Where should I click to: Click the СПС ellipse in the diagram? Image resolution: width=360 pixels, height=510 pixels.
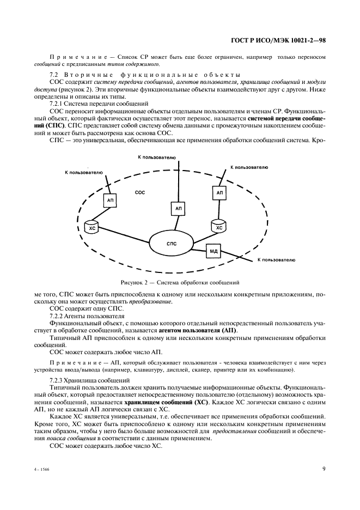172,243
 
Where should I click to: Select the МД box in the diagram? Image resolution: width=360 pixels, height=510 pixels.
213,251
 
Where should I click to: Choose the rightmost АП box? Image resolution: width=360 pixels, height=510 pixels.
220,192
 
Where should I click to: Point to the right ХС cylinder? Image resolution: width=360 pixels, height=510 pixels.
219,225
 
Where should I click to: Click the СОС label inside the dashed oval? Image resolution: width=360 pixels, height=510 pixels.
140,193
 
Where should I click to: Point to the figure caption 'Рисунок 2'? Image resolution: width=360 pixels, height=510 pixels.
180,282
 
